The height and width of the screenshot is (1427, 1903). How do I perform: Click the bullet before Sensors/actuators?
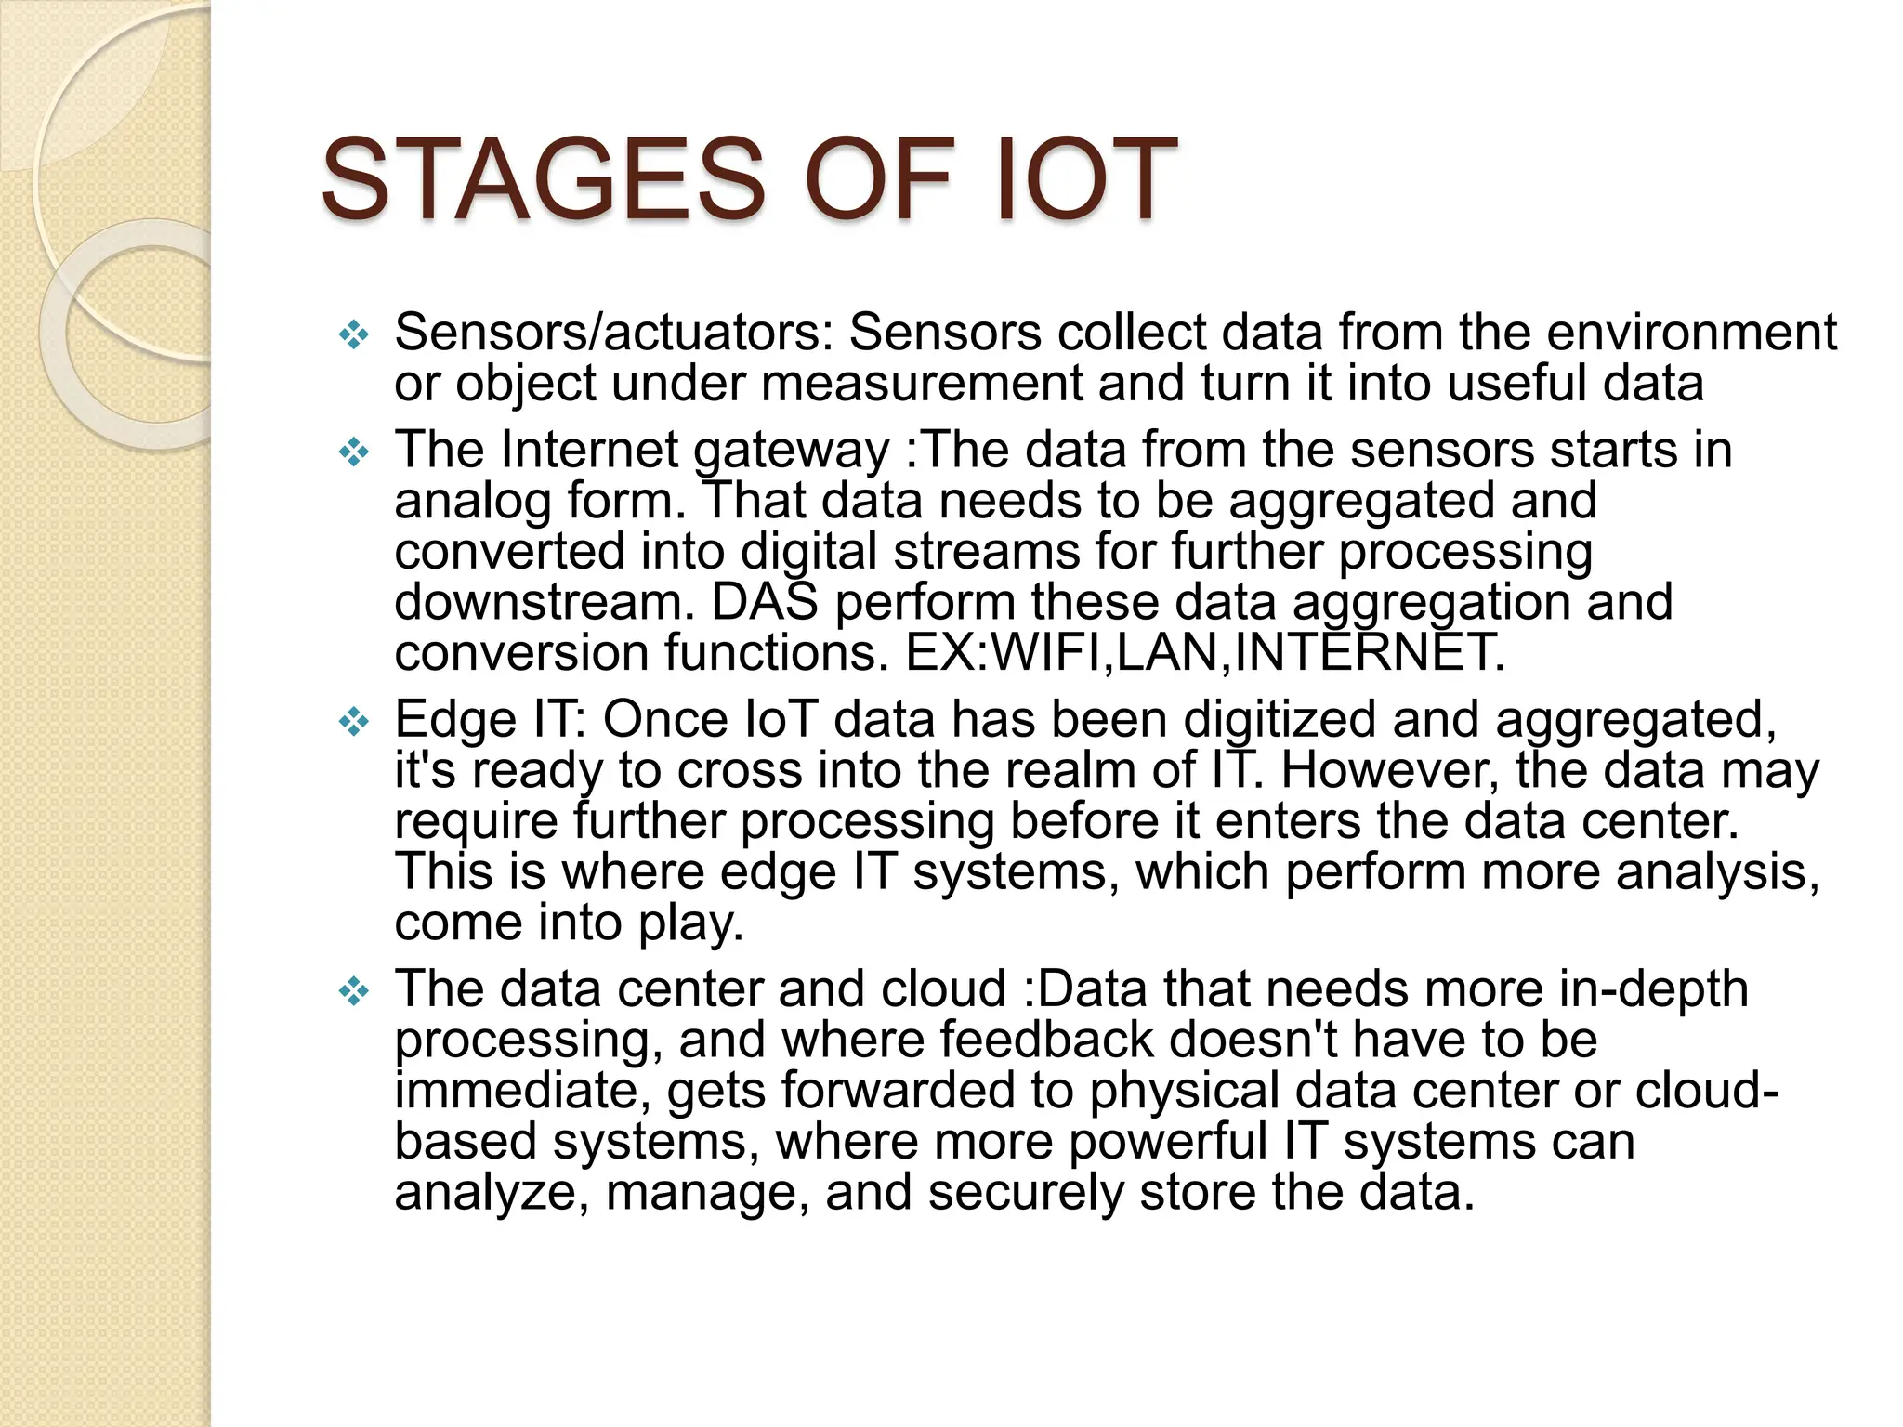click(x=354, y=334)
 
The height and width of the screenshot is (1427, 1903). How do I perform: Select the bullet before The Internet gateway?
click(x=354, y=452)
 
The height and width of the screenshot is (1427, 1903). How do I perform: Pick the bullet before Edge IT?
click(x=354, y=722)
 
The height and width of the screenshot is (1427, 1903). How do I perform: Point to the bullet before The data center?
click(x=354, y=991)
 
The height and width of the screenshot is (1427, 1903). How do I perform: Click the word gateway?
click(x=792, y=452)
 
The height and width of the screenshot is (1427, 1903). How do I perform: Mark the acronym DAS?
click(x=764, y=603)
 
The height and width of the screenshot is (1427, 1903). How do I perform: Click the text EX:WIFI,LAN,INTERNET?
click(x=1204, y=653)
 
